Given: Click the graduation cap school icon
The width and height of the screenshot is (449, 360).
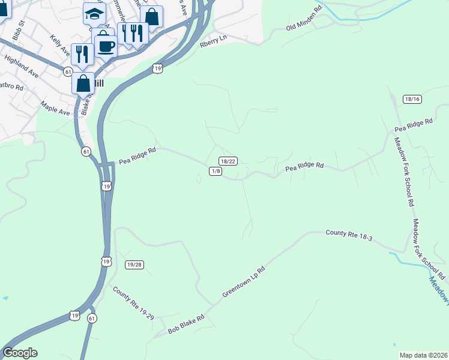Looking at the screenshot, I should tap(94, 14).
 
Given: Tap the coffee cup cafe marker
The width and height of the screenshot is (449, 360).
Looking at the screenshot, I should tap(106, 46).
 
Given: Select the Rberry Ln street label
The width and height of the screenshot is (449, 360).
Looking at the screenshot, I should tap(214, 37).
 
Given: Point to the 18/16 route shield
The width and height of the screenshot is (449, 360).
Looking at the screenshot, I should tap(412, 99).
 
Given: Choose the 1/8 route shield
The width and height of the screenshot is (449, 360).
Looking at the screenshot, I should tap(216, 171).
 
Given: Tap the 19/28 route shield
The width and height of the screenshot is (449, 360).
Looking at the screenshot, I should tap(135, 265).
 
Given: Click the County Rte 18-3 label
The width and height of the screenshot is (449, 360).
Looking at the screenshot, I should tap(349, 235).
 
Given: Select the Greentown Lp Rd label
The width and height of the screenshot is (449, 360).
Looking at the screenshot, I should tap(243, 283).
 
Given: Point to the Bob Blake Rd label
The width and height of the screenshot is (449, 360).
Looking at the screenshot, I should tap(186, 324).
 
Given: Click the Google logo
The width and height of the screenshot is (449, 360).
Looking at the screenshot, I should tap(20, 353).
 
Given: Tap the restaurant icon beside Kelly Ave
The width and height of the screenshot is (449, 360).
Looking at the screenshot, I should tap(82, 54).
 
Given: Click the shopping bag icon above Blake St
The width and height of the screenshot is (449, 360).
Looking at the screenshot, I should tap(83, 82).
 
